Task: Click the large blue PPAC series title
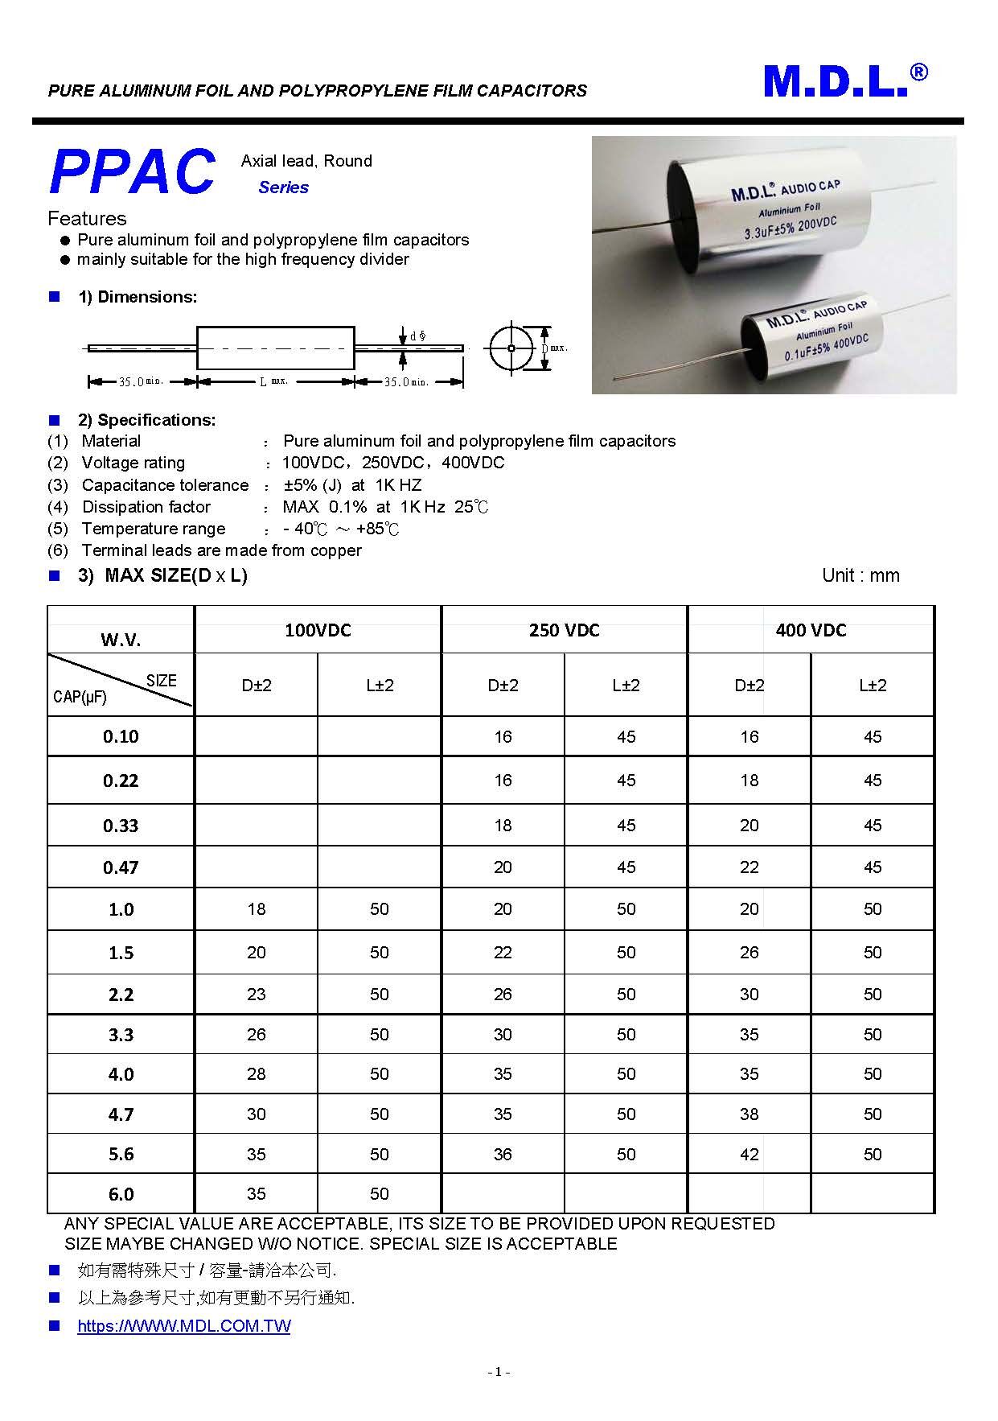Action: click(133, 172)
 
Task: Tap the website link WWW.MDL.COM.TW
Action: click(183, 1326)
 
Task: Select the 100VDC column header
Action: click(318, 630)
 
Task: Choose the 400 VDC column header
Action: click(811, 630)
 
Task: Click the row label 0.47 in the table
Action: click(121, 867)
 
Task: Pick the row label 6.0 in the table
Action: click(121, 1194)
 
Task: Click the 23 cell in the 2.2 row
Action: click(257, 995)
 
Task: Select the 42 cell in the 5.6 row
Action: click(750, 1155)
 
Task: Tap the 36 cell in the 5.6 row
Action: click(503, 1155)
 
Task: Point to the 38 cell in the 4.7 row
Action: click(750, 1114)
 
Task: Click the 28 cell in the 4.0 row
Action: click(257, 1074)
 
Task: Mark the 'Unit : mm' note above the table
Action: click(860, 575)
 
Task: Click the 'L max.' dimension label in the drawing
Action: click(273, 381)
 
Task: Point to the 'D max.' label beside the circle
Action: click(554, 348)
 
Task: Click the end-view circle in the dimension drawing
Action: click(511, 348)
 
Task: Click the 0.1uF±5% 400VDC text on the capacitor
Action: click(827, 346)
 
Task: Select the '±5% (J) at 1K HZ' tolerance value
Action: click(352, 485)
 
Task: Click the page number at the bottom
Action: click(499, 1372)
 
